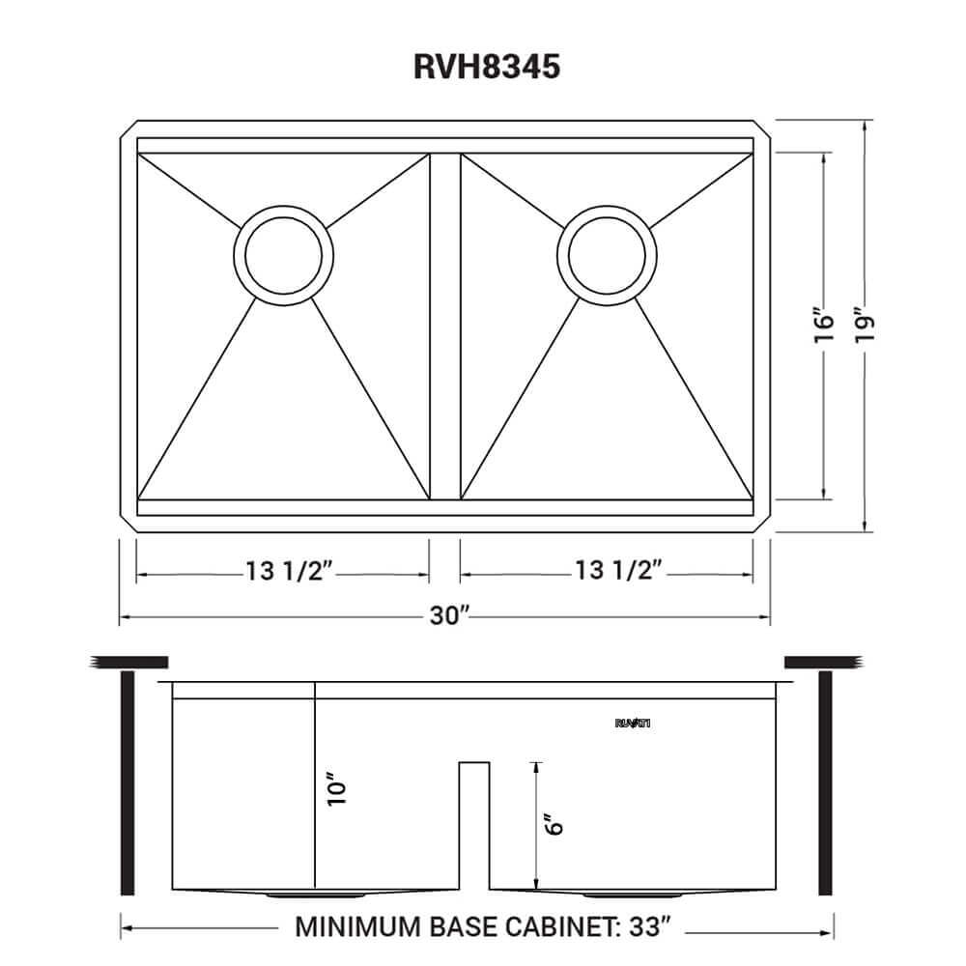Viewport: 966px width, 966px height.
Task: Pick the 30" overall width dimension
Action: (448, 616)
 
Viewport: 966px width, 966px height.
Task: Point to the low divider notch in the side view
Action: (473, 821)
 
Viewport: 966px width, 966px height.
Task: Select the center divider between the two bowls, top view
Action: (445, 328)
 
